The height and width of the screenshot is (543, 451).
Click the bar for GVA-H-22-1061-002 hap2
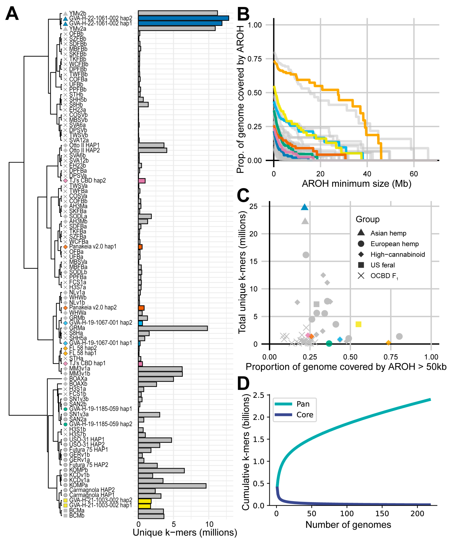point(183,18)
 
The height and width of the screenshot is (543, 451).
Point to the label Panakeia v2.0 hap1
point(93,246)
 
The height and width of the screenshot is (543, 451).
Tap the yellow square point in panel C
point(358,324)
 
